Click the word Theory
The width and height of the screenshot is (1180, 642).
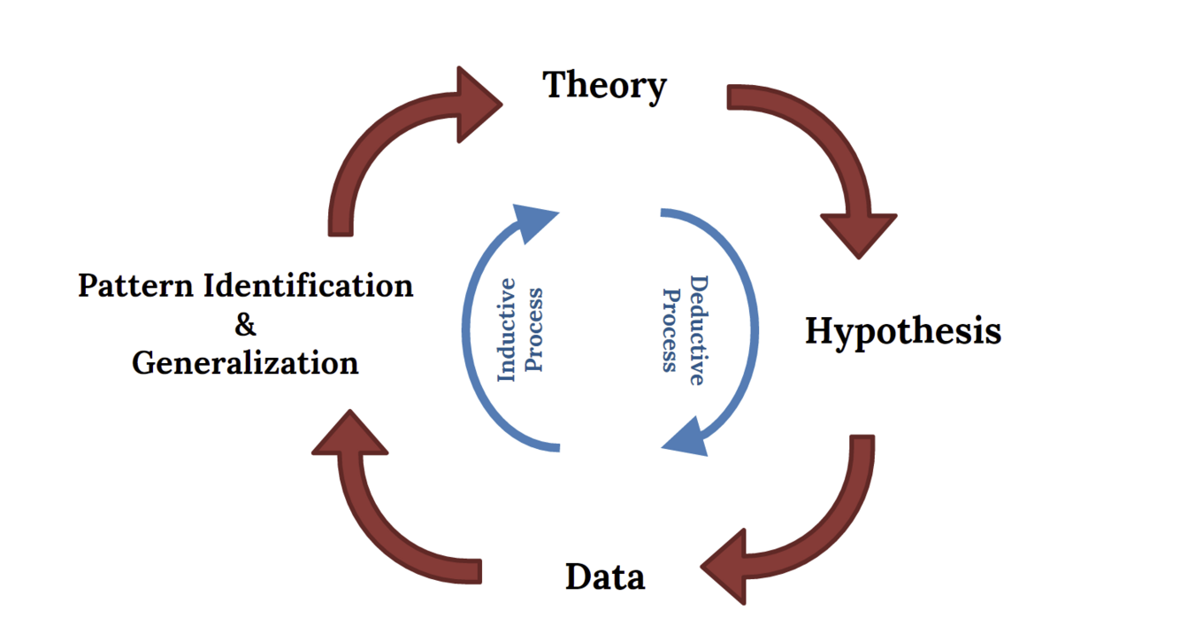pyautogui.click(x=604, y=86)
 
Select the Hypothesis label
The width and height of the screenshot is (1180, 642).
pyautogui.click(x=903, y=331)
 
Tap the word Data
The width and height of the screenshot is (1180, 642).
pyautogui.click(x=605, y=577)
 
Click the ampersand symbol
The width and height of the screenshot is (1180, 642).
pyautogui.click(x=245, y=325)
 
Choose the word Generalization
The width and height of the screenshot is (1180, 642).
pyautogui.click(x=245, y=363)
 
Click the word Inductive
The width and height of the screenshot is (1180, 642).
pyautogui.click(x=506, y=329)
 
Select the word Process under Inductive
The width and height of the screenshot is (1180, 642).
pyautogui.click(x=534, y=329)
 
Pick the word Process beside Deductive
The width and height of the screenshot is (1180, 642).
pyautogui.click(x=670, y=330)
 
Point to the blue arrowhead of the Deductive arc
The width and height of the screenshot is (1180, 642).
pyautogui.click(x=688, y=438)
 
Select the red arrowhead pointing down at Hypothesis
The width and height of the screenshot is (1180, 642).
pyautogui.click(x=859, y=233)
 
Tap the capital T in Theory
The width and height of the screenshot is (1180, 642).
pyautogui.click(x=556, y=85)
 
